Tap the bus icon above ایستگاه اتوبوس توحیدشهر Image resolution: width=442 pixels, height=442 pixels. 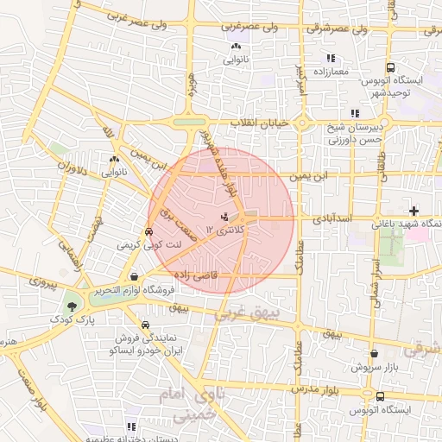click(x=391, y=66)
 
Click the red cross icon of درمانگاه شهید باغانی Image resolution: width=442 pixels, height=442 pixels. click(x=414, y=211)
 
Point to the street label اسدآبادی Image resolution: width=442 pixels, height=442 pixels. click(x=355, y=222)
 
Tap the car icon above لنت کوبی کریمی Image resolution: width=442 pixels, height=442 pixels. click(x=148, y=231)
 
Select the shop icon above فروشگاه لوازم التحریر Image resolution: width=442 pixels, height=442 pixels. click(x=133, y=276)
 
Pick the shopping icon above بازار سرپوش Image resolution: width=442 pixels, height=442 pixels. click(x=374, y=353)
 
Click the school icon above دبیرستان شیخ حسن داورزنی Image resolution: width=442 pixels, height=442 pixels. click(x=354, y=113)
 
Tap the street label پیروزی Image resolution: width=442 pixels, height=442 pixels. click(x=41, y=281)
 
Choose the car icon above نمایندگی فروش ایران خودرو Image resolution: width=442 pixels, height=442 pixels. click(x=146, y=325)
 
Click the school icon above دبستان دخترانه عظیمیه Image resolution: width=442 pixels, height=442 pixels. click(x=131, y=426)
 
